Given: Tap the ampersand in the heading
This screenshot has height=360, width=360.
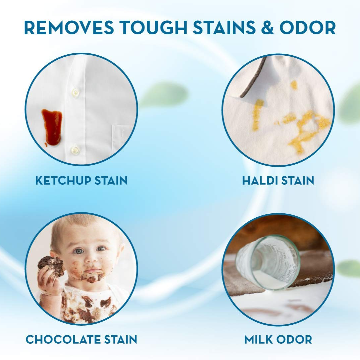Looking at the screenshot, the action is [x=267, y=28].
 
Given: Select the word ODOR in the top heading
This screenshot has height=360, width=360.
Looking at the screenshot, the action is [x=308, y=28].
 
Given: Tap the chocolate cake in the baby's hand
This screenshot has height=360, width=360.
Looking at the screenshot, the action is [x=51, y=266].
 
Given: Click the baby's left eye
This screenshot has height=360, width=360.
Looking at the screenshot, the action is [x=101, y=249].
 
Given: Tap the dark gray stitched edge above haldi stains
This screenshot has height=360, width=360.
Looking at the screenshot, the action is [x=253, y=78].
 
